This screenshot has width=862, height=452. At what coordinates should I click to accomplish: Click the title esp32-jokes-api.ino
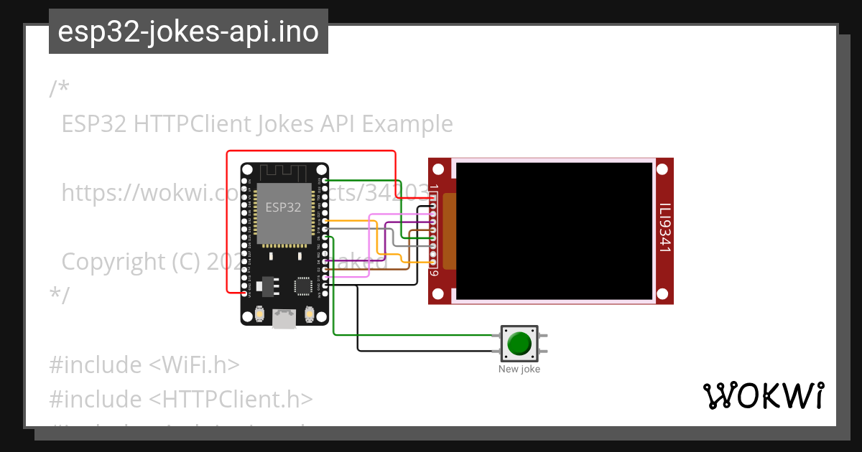pos(188,32)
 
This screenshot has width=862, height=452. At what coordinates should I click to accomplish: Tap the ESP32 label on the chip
pos(283,208)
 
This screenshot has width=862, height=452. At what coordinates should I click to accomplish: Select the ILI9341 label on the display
pos(665,227)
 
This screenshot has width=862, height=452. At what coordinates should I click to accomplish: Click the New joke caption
pos(519,369)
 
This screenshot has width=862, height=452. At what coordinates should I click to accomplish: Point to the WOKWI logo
pos(763,396)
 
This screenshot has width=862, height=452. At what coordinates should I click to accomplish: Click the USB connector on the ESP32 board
pos(284,318)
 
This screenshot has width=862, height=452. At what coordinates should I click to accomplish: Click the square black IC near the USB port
pos(302,286)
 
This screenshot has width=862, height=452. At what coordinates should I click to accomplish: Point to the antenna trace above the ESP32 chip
pos(284,173)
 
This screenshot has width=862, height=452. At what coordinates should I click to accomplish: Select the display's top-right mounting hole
pos(662,170)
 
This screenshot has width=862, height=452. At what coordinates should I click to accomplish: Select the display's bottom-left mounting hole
pos(436,293)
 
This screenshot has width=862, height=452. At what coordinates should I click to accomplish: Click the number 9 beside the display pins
pos(434,273)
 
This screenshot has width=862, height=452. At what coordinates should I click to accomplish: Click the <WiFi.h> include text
pos(194,364)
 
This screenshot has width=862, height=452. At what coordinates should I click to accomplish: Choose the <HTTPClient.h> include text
pos(231,399)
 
